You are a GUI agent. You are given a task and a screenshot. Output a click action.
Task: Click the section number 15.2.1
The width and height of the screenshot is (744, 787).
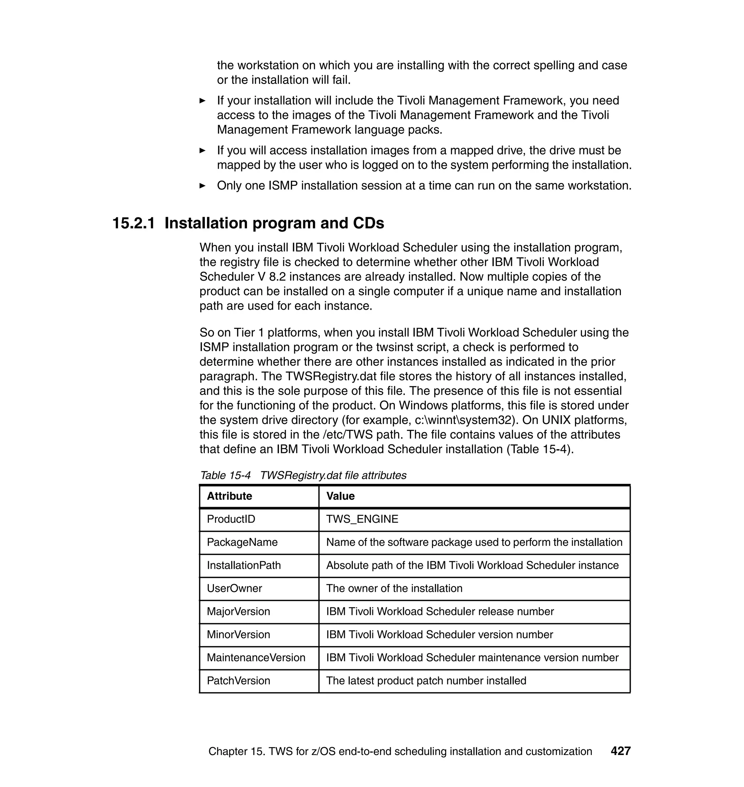(134, 224)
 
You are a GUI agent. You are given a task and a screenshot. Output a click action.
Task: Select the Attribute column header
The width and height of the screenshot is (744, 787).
(229, 496)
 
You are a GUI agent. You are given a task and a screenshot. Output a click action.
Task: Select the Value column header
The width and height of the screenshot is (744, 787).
(340, 496)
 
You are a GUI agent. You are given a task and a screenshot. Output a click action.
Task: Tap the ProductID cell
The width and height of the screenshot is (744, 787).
(231, 519)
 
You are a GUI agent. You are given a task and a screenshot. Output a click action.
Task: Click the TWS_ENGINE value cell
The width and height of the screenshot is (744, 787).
(362, 519)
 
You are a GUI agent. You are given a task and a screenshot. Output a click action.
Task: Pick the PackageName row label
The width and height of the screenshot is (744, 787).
(242, 542)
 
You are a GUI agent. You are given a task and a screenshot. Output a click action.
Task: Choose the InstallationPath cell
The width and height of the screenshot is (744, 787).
(243, 565)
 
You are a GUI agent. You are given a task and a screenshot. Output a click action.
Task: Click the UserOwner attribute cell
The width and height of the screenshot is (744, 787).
(234, 588)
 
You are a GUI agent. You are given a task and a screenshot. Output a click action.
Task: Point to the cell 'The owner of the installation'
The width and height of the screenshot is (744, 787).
(394, 588)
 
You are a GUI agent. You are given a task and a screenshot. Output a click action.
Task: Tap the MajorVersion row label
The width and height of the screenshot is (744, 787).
(238, 611)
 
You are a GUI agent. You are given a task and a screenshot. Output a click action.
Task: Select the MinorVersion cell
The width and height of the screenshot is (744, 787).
(238, 635)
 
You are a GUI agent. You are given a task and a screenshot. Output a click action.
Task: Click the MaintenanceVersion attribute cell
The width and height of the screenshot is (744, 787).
(256, 657)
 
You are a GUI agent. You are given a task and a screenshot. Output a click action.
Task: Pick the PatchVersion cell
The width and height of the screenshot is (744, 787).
(238, 681)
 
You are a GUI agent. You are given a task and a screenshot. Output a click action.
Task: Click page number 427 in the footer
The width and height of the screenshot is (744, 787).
(620, 751)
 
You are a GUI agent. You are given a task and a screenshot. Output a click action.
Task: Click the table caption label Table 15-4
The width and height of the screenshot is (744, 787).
(225, 476)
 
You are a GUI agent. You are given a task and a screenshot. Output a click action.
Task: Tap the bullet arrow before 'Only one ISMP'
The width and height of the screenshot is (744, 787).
(202, 186)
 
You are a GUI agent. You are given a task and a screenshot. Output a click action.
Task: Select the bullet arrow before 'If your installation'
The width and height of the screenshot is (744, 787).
(202, 101)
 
